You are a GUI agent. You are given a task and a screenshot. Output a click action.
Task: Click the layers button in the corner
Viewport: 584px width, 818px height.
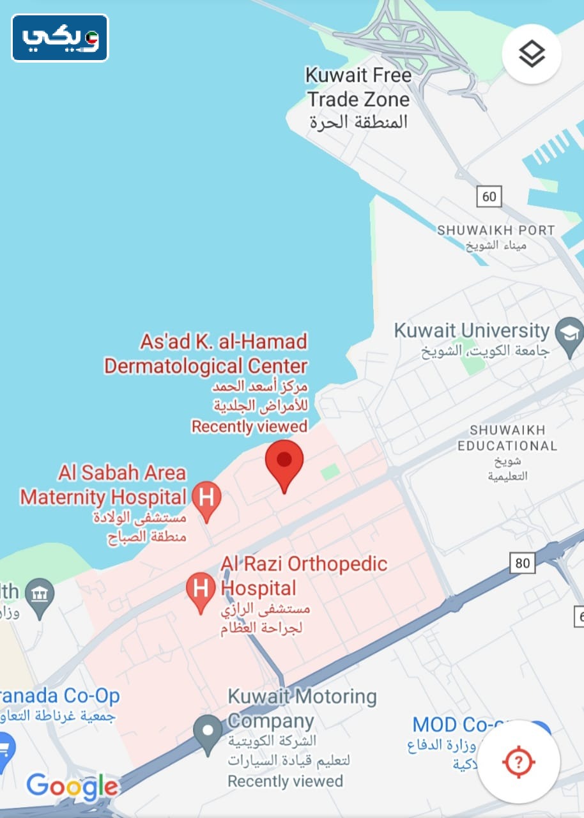tap(532, 54)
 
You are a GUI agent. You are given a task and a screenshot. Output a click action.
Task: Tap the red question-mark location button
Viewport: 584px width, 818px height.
tap(518, 761)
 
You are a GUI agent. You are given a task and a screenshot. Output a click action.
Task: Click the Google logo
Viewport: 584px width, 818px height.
tap(72, 786)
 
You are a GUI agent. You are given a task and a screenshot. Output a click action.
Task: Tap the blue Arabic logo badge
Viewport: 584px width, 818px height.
tap(60, 38)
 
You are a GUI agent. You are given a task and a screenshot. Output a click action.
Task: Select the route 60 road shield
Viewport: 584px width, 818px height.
tap(489, 196)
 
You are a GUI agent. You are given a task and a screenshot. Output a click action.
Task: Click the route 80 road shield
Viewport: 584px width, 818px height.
tap(522, 563)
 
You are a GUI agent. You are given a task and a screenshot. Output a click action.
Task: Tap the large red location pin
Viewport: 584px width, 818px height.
tap(284, 463)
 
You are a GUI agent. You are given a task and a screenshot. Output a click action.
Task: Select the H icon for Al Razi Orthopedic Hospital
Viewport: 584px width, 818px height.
tap(201, 589)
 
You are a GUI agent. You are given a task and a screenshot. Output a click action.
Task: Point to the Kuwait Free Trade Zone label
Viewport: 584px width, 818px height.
tap(358, 88)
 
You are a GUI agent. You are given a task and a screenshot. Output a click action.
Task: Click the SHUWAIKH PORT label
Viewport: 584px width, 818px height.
tap(496, 230)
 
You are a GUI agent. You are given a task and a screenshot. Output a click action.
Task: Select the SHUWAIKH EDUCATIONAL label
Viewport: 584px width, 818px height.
tap(507, 438)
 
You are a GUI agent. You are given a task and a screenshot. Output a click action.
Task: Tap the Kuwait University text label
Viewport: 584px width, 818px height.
tap(472, 331)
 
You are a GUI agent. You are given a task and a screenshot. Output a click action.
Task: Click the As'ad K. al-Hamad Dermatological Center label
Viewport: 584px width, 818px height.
tap(206, 353)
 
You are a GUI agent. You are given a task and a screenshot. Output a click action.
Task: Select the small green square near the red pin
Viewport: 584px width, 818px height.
tap(330, 472)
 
